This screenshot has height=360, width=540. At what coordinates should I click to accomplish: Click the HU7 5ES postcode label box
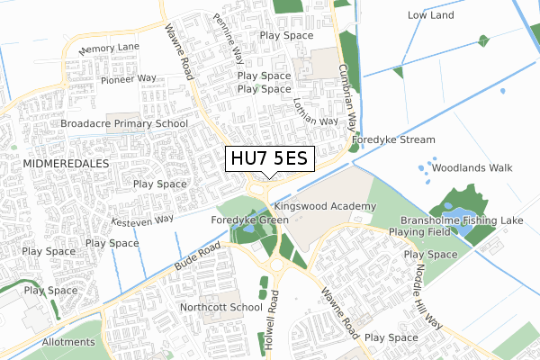(x=269, y=158)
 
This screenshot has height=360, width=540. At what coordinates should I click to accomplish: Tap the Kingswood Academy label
(x=325, y=207)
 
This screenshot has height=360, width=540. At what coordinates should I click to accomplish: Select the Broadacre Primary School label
(x=124, y=124)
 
